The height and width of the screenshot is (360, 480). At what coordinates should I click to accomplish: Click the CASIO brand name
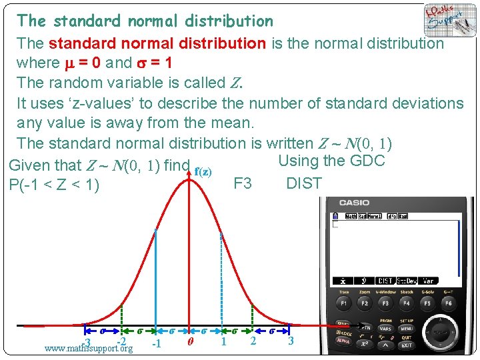click(x=354, y=202)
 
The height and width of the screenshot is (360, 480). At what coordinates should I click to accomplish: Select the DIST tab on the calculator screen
click(x=385, y=281)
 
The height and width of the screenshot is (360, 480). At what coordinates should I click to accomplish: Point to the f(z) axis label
click(x=203, y=171)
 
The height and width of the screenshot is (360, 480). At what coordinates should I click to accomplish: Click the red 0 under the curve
click(x=191, y=343)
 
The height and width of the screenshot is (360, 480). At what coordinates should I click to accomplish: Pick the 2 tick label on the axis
click(x=253, y=341)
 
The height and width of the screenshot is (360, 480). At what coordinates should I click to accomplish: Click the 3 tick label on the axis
click(x=291, y=341)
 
